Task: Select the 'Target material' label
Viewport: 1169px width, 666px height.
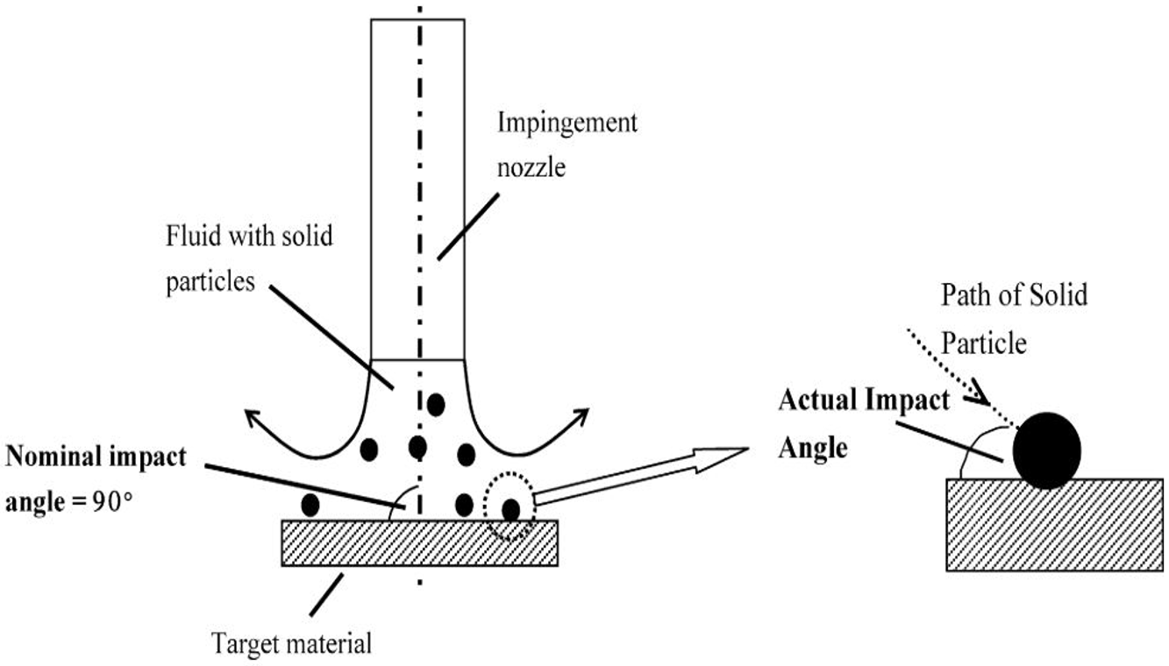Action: click(292, 644)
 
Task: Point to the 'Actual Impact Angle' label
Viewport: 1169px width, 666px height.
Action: click(863, 423)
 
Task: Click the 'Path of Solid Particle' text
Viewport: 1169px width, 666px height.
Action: click(1014, 318)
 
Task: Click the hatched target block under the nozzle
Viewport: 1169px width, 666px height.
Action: click(418, 543)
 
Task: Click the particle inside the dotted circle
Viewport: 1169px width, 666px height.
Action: click(510, 509)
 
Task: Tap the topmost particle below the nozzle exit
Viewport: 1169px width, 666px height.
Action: click(435, 404)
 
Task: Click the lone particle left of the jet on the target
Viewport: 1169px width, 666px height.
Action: click(310, 505)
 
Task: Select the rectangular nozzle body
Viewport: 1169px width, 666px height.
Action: click(417, 188)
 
